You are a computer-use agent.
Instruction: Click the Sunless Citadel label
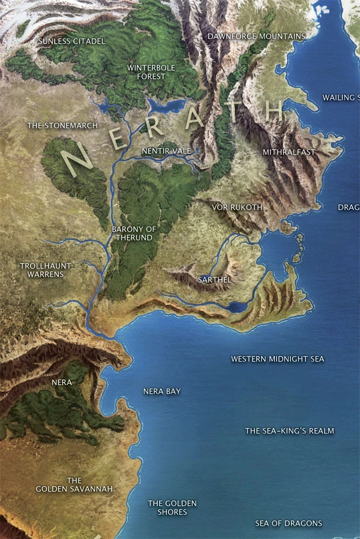pos(71,41)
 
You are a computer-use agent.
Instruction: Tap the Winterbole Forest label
pos(151,72)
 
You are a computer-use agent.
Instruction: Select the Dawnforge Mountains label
pos(256,37)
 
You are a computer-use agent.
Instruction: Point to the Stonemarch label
pos(55,126)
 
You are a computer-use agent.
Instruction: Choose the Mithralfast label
pos(289,152)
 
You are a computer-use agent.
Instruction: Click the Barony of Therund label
pos(133,233)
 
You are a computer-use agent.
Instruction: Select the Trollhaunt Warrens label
pos(46,270)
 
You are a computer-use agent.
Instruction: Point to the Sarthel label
pos(214,279)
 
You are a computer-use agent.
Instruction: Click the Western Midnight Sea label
pos(278,359)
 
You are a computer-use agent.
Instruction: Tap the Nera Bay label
pos(162,392)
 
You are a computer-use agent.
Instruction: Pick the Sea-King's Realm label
pos(290,431)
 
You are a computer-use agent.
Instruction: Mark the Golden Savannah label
pos(74,485)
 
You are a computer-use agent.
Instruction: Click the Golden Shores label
pos(172,508)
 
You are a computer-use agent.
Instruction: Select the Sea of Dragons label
pos(289,523)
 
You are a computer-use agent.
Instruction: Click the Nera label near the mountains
pos(62,382)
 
